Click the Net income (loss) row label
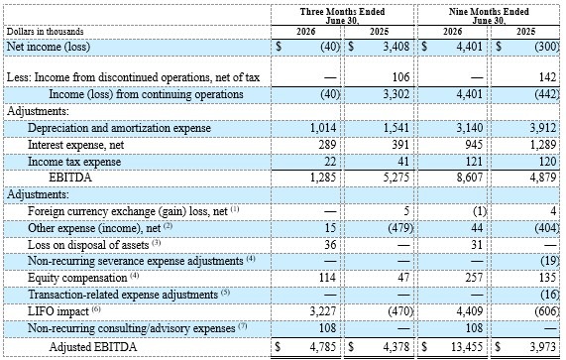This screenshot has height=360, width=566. click(49, 47)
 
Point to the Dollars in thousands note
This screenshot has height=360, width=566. click(46, 32)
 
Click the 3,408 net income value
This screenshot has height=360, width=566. click(396, 47)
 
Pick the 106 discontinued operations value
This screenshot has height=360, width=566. click(400, 77)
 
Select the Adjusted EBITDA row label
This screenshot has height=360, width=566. click(93, 347)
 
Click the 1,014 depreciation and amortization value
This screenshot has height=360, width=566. click(323, 128)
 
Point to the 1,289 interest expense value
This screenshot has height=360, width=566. click(543, 145)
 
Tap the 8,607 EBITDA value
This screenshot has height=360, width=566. click(469, 178)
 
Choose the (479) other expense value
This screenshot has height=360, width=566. click(400, 228)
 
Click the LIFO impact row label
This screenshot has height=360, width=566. click(58, 311)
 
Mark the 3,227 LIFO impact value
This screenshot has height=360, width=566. click(323, 311)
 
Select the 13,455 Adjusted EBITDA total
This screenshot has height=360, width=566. click(467, 347)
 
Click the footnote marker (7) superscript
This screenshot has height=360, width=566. click(243, 325)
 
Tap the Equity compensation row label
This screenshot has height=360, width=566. click(77, 278)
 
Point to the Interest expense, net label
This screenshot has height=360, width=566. click(75, 145)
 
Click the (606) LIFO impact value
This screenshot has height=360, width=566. click(547, 311)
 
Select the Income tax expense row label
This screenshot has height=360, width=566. click(74, 162)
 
